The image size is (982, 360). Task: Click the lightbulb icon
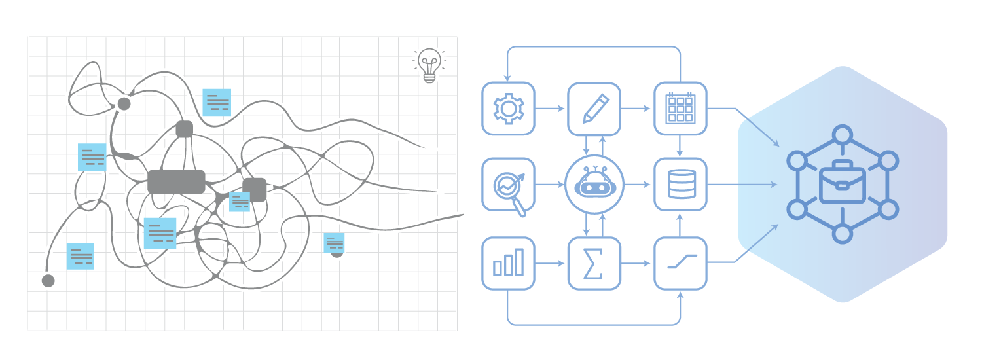429,65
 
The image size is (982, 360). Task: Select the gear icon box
508,109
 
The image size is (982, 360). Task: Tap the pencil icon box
594,109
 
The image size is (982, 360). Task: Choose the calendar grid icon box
680,109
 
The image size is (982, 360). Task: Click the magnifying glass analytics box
508,185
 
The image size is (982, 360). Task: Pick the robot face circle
594,185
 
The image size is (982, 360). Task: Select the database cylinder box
680,185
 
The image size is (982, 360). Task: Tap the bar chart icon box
508,263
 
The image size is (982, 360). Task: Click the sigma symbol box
594,263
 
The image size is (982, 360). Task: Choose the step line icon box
680,263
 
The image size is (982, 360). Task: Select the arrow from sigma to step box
637,263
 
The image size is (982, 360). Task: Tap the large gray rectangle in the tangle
176,181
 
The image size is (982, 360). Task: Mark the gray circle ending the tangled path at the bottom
47,281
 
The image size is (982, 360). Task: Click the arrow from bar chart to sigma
551,263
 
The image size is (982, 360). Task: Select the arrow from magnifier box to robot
550,185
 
